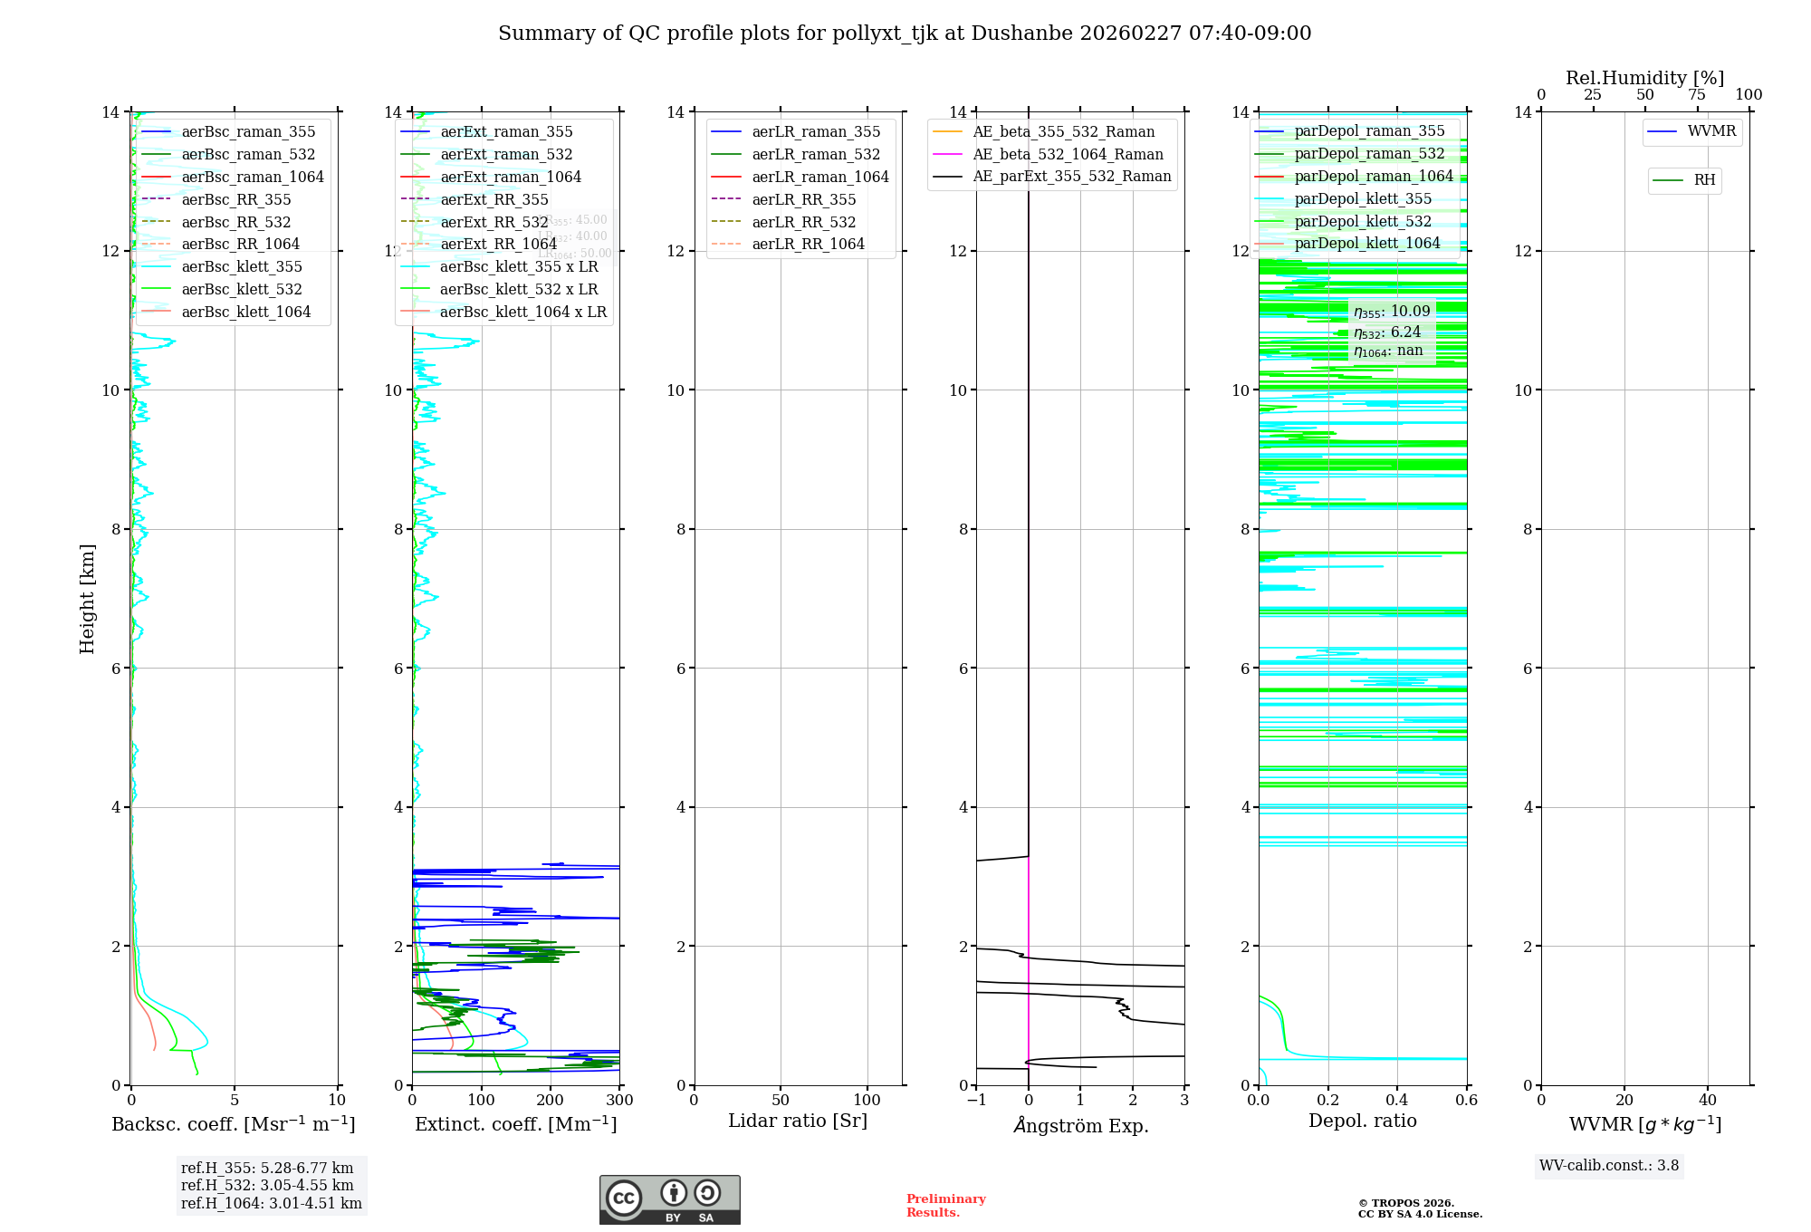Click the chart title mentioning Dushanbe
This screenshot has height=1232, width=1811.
[905, 34]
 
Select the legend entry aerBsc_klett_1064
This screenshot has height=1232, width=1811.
[245, 312]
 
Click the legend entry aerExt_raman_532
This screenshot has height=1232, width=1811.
[505, 154]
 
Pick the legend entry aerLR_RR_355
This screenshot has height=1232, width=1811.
[803, 199]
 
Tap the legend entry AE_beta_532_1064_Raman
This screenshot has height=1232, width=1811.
[1068, 154]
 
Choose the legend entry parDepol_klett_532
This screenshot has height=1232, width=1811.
[1362, 221]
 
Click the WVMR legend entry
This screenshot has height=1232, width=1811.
[1710, 131]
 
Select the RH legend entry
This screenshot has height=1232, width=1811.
[1703, 180]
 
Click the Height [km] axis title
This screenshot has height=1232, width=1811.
[87, 598]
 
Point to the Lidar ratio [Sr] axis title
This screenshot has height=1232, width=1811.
[798, 1121]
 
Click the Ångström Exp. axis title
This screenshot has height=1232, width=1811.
[1080, 1125]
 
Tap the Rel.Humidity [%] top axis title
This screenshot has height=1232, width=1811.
[1644, 78]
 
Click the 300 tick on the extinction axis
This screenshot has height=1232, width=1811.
[619, 1101]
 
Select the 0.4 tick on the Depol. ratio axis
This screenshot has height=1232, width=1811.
[1397, 1101]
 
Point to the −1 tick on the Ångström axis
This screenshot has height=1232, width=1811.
[976, 1101]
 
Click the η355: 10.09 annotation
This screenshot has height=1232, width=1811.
[1392, 312]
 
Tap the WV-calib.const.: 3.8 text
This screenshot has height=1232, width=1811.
[1608, 1166]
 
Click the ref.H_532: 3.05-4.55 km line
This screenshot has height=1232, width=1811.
[267, 1185]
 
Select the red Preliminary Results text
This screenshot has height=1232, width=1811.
[945, 1206]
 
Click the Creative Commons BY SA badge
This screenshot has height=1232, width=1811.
[669, 1199]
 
